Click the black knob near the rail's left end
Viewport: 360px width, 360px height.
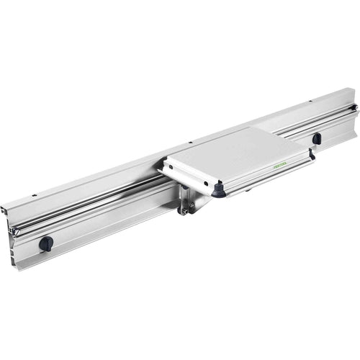(x=46, y=243)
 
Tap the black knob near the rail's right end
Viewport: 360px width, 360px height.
(x=317, y=138)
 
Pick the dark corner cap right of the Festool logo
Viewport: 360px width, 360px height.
(x=312, y=153)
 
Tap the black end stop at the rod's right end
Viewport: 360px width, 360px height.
(x=354, y=108)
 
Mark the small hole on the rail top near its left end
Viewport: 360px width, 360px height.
(x=34, y=194)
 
